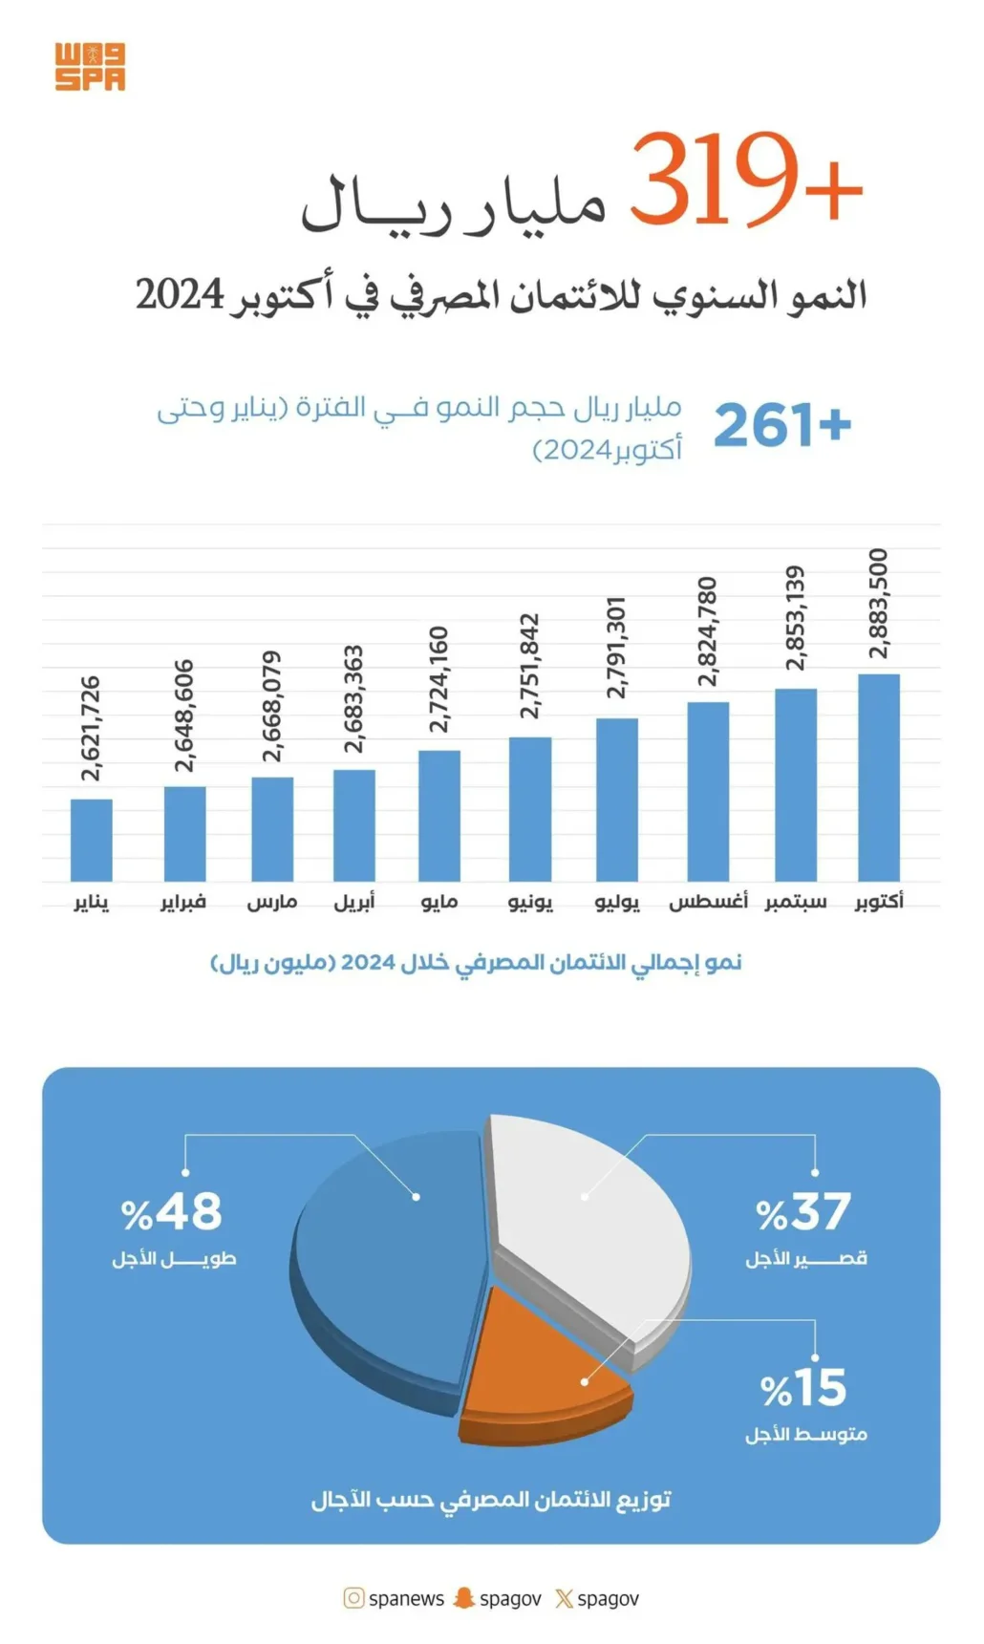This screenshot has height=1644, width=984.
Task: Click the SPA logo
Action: click(x=90, y=67)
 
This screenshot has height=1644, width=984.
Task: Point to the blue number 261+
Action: click(x=781, y=425)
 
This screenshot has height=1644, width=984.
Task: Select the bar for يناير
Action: click(x=91, y=840)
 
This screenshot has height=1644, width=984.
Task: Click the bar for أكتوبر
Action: click(x=879, y=778)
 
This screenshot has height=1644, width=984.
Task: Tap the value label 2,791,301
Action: click(x=616, y=648)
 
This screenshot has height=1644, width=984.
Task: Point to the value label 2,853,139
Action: click(x=795, y=618)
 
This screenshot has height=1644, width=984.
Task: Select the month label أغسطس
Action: click(x=708, y=902)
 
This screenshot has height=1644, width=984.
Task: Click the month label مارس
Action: click(x=272, y=902)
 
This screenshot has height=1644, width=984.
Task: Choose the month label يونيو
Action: click(x=530, y=902)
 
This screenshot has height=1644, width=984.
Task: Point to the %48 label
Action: click(x=172, y=1212)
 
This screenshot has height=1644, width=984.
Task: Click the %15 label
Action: click(x=803, y=1388)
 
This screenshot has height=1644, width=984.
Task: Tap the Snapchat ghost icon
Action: click(x=463, y=1598)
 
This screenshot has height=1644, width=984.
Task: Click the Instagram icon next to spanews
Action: click(x=353, y=1598)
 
